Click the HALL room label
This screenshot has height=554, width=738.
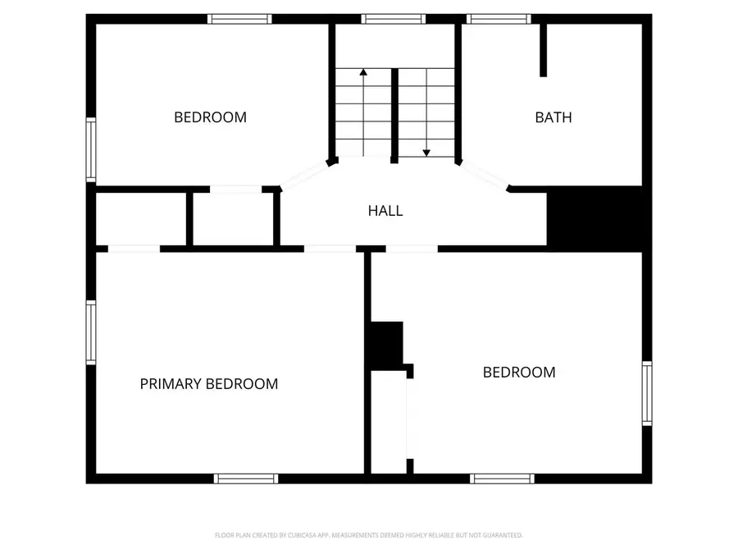(385, 211)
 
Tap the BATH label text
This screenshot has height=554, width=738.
(553, 117)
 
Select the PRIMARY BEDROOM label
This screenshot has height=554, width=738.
(209, 384)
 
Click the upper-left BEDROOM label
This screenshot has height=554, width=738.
(210, 117)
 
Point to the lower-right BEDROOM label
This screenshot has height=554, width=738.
(519, 373)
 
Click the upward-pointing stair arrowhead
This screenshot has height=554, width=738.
(363, 72)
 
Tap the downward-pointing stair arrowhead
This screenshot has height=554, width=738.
(426, 153)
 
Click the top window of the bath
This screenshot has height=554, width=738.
(499, 19)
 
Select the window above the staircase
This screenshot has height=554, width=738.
(394, 19)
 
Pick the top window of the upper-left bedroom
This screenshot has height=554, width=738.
(239, 19)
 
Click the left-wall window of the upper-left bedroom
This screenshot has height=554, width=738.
(91, 150)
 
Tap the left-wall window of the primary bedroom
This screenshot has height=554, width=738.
(91, 332)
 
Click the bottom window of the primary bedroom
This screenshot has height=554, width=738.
(246, 478)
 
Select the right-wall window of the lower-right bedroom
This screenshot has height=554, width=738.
(647, 394)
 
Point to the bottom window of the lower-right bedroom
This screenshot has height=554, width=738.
(502, 478)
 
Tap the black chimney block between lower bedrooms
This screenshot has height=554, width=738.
(387, 346)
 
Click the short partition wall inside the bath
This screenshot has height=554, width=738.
(543, 50)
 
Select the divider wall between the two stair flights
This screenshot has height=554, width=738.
(395, 116)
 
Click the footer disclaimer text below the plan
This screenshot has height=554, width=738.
(368, 535)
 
